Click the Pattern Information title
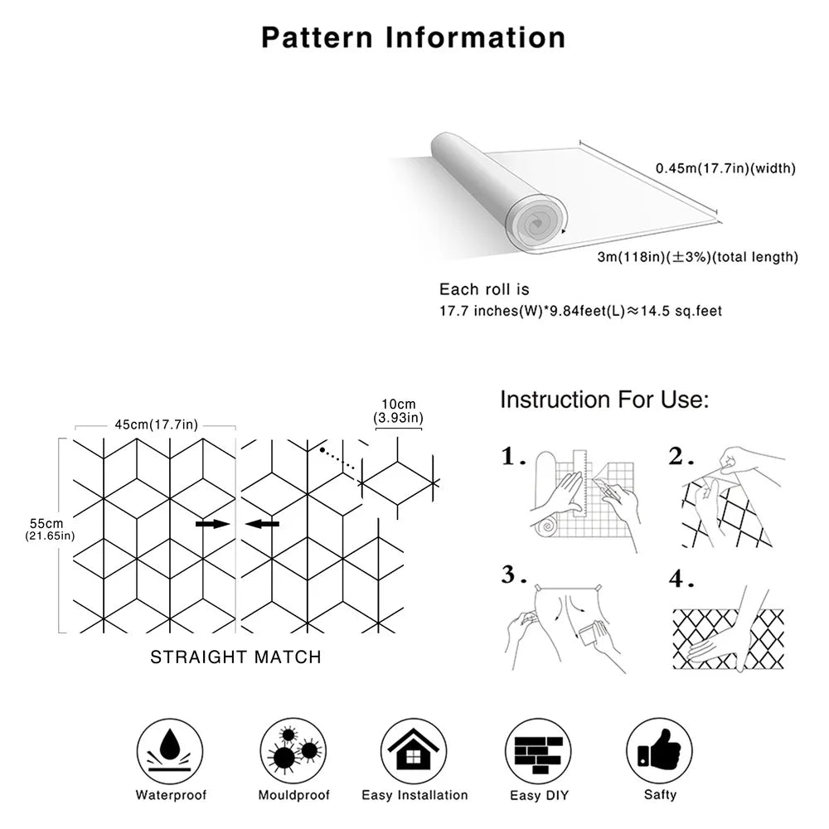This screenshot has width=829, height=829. click(414, 37)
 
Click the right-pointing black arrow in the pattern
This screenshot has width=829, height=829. click(212, 524)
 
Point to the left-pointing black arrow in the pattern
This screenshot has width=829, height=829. click(264, 524)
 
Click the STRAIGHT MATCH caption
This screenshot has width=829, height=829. click(235, 657)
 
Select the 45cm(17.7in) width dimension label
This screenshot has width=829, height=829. click(157, 425)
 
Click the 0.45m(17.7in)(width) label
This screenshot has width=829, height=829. click(725, 168)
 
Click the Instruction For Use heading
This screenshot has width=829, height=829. click(604, 400)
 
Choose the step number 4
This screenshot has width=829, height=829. click(680, 579)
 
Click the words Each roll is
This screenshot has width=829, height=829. click(484, 289)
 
